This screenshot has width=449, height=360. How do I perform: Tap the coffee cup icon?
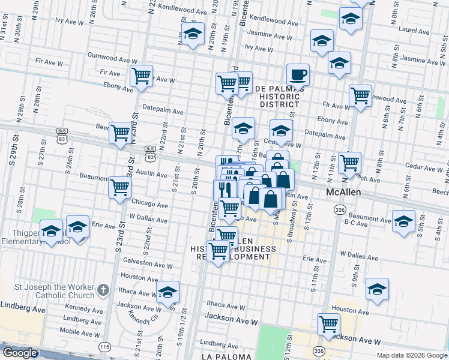[x=298, y=76]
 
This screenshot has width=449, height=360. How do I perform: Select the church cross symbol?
[x=103, y=290]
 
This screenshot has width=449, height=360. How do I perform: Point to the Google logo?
[x=20, y=353]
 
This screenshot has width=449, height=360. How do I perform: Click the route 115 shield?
[x=106, y=347]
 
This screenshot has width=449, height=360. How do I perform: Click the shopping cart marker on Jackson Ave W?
[x=328, y=324]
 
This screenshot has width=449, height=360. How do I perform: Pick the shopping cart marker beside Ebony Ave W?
[x=141, y=77]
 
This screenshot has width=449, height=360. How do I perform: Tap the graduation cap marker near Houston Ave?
[x=377, y=290]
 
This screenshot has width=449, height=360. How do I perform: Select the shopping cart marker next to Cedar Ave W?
[x=349, y=162]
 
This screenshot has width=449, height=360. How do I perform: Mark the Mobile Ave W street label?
[x=80, y=331]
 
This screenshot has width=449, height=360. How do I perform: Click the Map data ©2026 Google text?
[x=412, y=355]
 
